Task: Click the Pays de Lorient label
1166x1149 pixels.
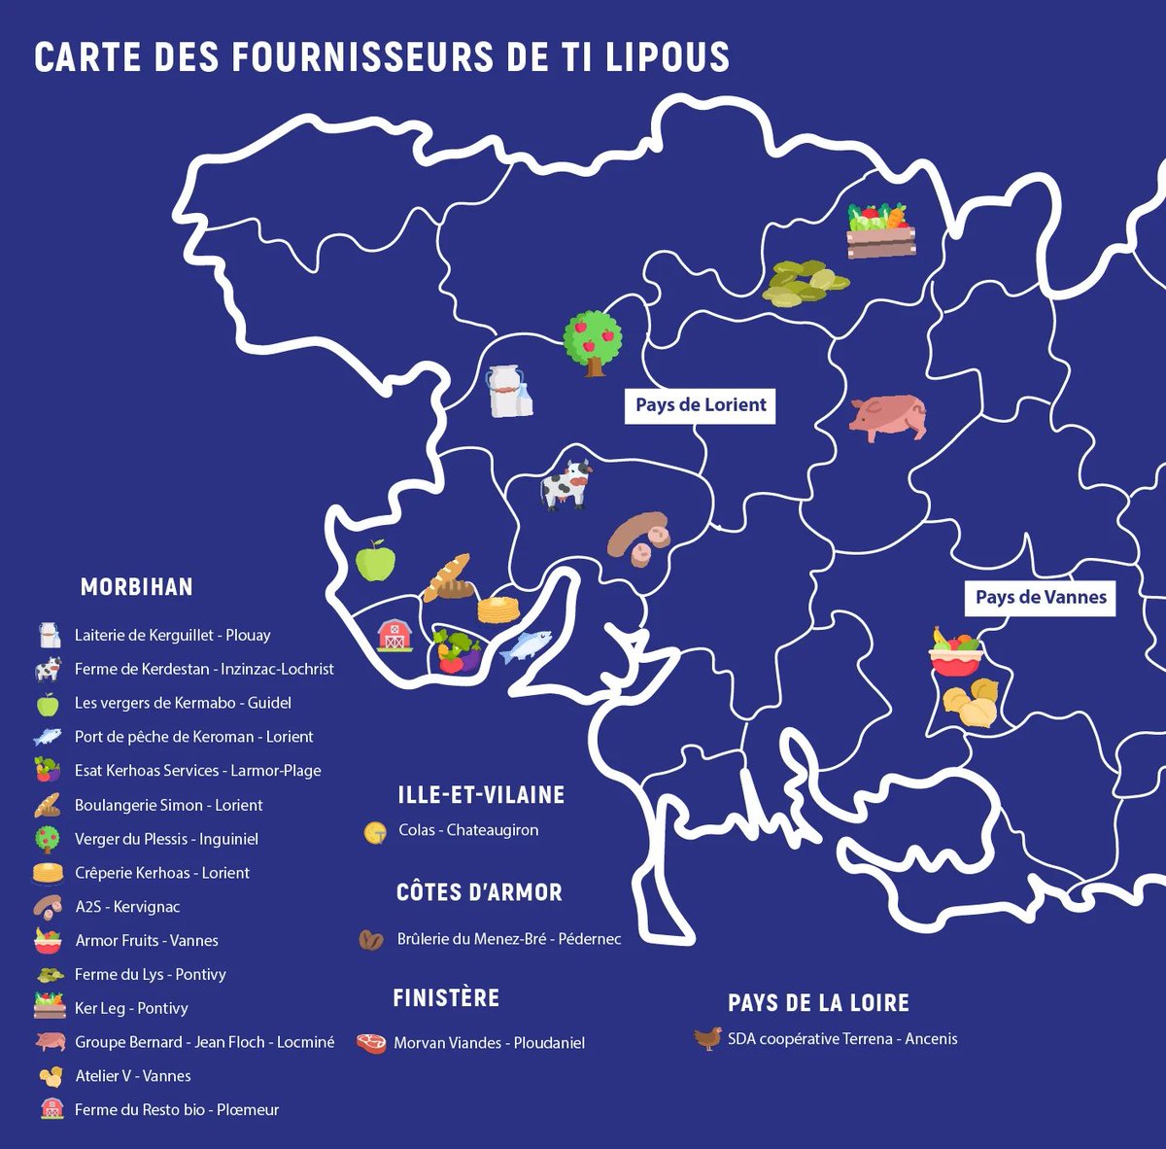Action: (x=701, y=404)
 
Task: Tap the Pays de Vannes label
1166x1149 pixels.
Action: (x=1041, y=597)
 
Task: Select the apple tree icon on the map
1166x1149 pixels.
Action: (x=593, y=342)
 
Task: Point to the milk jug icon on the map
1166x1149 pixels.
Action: (x=509, y=391)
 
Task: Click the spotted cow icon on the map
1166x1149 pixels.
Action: (x=566, y=484)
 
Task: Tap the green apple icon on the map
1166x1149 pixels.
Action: (x=376, y=561)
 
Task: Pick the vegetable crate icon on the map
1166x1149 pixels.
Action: (x=880, y=230)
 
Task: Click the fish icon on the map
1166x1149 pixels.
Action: (x=526, y=645)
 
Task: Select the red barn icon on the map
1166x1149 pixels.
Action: (x=394, y=635)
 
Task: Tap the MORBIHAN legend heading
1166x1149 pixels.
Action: (x=136, y=587)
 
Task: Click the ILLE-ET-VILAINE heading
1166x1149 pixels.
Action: (x=481, y=795)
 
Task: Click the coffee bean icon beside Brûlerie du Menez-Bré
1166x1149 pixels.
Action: (x=371, y=940)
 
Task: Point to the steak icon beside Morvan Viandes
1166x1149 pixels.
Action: (x=371, y=1043)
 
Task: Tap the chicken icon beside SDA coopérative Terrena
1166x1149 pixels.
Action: (x=707, y=1039)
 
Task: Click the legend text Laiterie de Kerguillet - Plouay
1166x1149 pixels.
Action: (x=172, y=635)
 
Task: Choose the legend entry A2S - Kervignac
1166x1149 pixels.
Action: (x=127, y=906)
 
